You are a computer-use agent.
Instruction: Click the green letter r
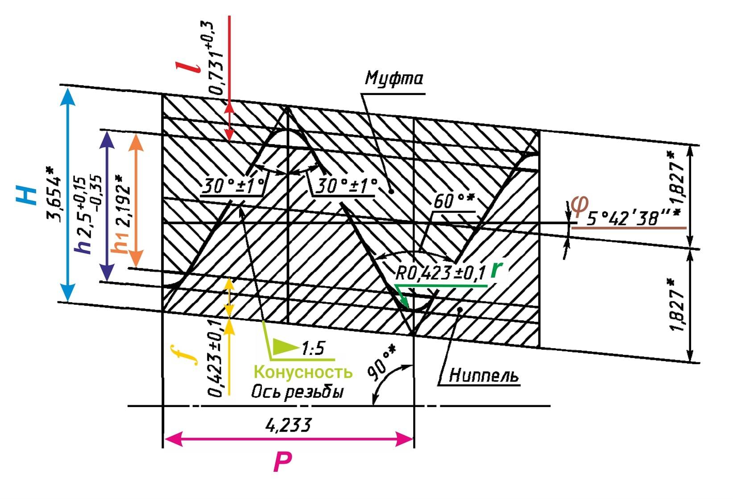(x=496, y=270)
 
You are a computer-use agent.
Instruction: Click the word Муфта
(x=393, y=79)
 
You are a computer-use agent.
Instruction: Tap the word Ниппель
(x=484, y=375)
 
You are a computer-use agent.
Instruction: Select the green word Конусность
(x=303, y=372)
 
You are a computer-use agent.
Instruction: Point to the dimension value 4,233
(x=287, y=425)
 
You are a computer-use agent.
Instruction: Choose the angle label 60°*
(x=452, y=201)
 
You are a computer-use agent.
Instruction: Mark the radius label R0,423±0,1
(x=440, y=273)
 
